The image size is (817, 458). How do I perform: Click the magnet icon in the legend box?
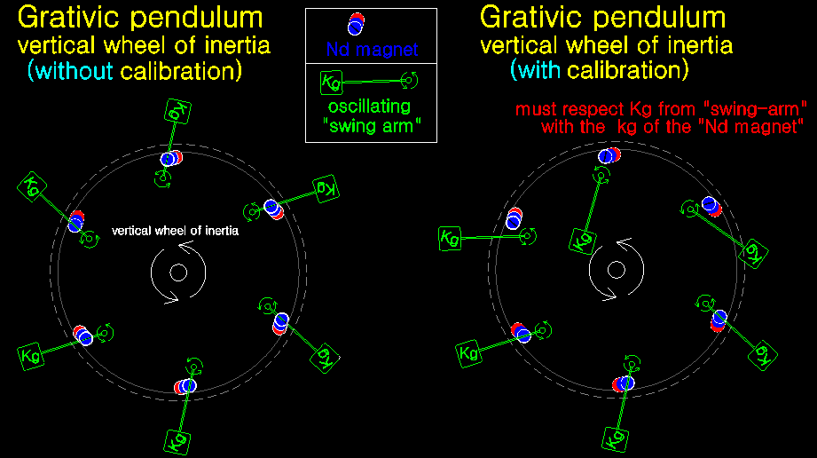click(356, 24)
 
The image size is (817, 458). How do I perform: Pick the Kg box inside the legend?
click(330, 83)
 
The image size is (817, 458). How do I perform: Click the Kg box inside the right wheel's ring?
click(583, 240)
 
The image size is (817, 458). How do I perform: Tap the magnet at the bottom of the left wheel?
click(184, 386)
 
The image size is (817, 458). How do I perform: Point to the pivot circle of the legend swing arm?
click(409, 83)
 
